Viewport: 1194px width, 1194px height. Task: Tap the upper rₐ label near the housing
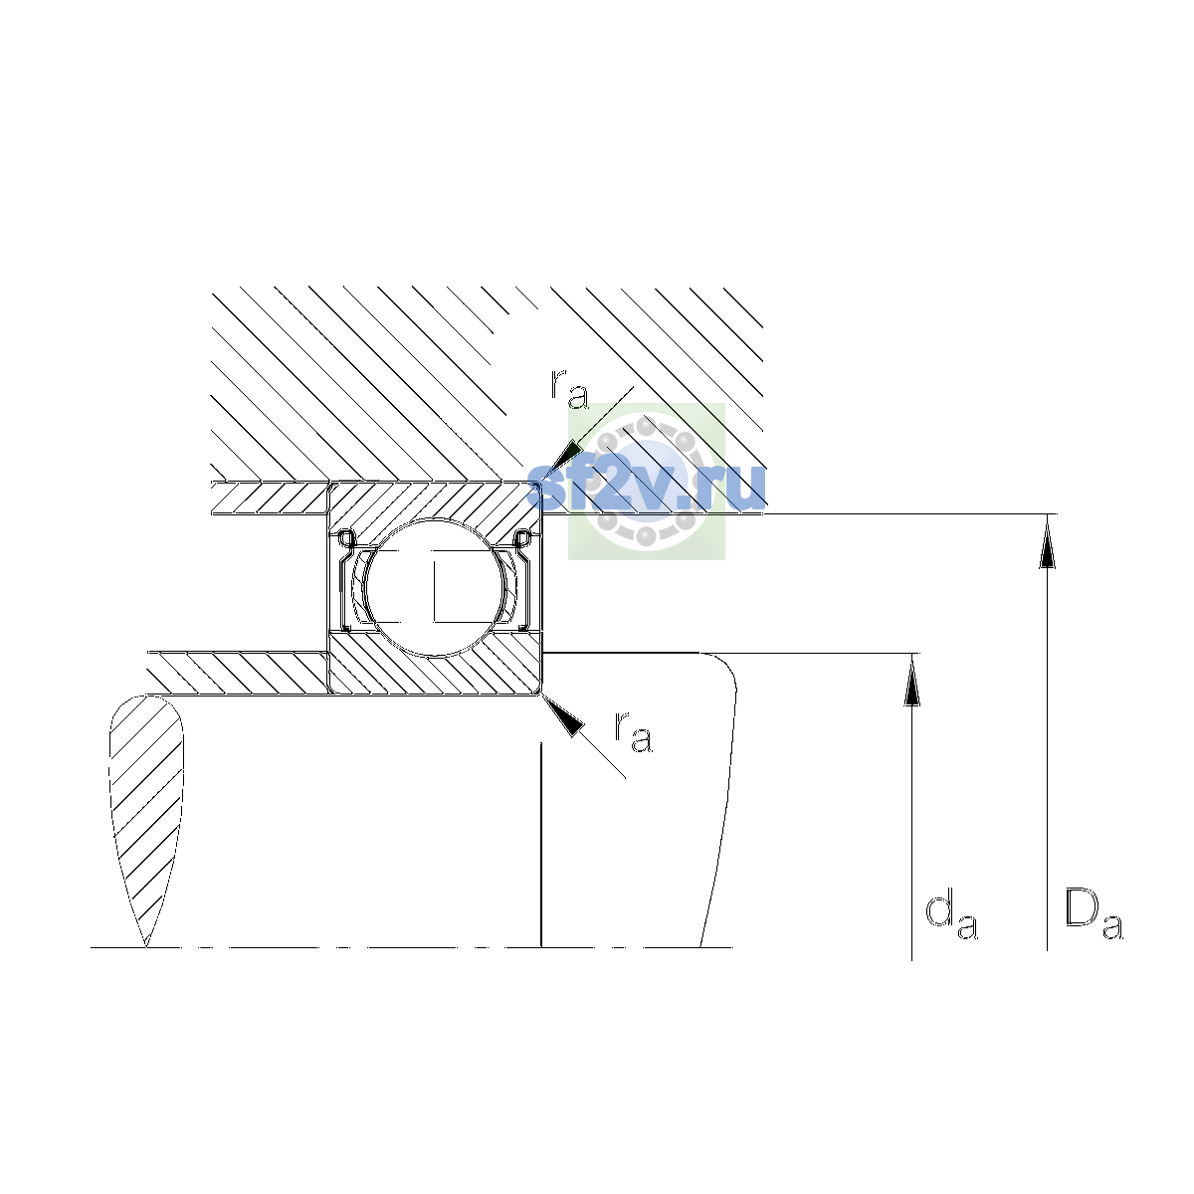[x=569, y=390]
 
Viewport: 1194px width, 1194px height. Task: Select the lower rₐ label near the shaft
[x=633, y=732]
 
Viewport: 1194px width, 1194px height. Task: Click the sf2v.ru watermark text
[x=647, y=489]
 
